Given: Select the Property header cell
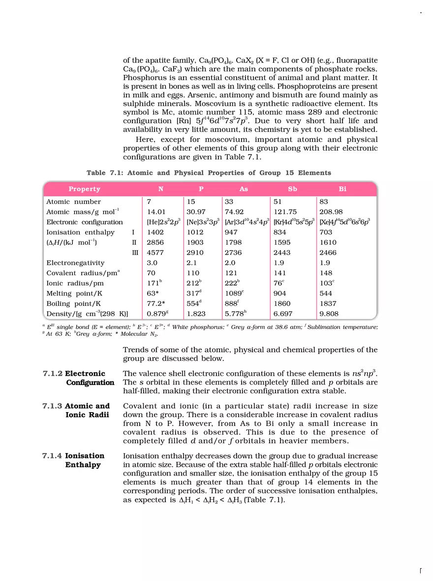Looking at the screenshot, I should [84, 189].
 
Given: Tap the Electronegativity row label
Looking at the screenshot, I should [75, 263].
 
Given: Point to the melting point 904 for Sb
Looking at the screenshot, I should [280, 293].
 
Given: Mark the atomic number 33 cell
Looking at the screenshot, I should [229, 201].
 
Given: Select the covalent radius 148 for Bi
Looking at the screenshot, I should [326, 273].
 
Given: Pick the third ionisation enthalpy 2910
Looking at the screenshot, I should [196, 253].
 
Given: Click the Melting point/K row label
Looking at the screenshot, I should [74, 293].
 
